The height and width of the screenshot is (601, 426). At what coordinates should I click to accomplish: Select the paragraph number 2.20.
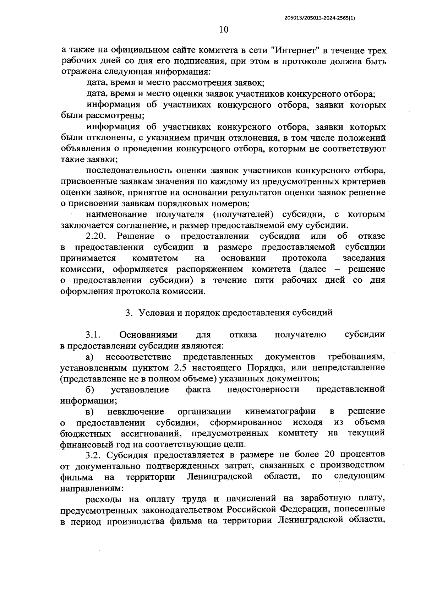click(96, 236)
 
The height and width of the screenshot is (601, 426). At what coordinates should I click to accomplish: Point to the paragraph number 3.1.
click(93, 335)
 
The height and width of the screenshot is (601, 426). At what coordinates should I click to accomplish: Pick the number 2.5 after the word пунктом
click(193, 367)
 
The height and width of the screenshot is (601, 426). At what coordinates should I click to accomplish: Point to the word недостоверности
click(263, 389)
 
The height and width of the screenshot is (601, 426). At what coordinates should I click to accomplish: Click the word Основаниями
click(148, 335)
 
